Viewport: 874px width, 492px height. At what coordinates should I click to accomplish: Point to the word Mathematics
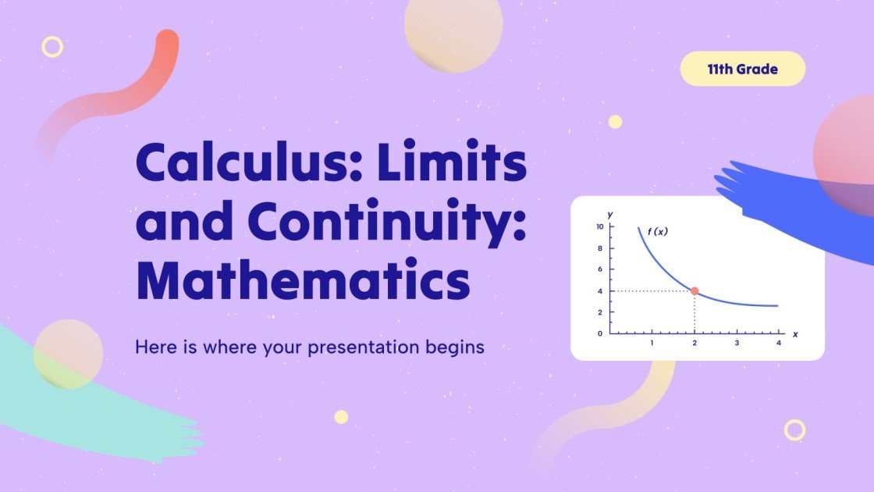[x=304, y=282]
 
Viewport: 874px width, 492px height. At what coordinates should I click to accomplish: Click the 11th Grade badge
[x=742, y=69]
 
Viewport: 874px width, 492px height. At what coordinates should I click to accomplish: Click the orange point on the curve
[x=695, y=291]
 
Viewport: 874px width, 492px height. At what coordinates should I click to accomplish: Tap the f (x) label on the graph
[x=658, y=231]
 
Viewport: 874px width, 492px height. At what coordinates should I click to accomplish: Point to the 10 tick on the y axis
[x=599, y=227]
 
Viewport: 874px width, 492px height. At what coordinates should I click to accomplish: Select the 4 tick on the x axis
[x=778, y=343]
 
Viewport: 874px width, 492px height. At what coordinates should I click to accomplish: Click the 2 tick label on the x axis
[x=695, y=343]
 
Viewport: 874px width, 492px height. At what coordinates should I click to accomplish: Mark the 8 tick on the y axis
[x=600, y=248]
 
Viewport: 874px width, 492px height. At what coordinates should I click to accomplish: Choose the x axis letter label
[x=794, y=334]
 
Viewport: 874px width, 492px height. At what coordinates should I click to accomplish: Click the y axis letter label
[x=609, y=214]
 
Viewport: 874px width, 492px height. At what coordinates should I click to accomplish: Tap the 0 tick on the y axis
[x=600, y=333]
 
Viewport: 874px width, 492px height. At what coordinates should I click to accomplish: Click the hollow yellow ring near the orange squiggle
[x=52, y=47]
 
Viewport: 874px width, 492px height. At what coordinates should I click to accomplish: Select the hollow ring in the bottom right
[x=794, y=430]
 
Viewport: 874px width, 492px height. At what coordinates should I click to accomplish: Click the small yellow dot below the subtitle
[x=341, y=416]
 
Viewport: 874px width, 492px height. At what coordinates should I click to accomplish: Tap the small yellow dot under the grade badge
[x=615, y=121]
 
